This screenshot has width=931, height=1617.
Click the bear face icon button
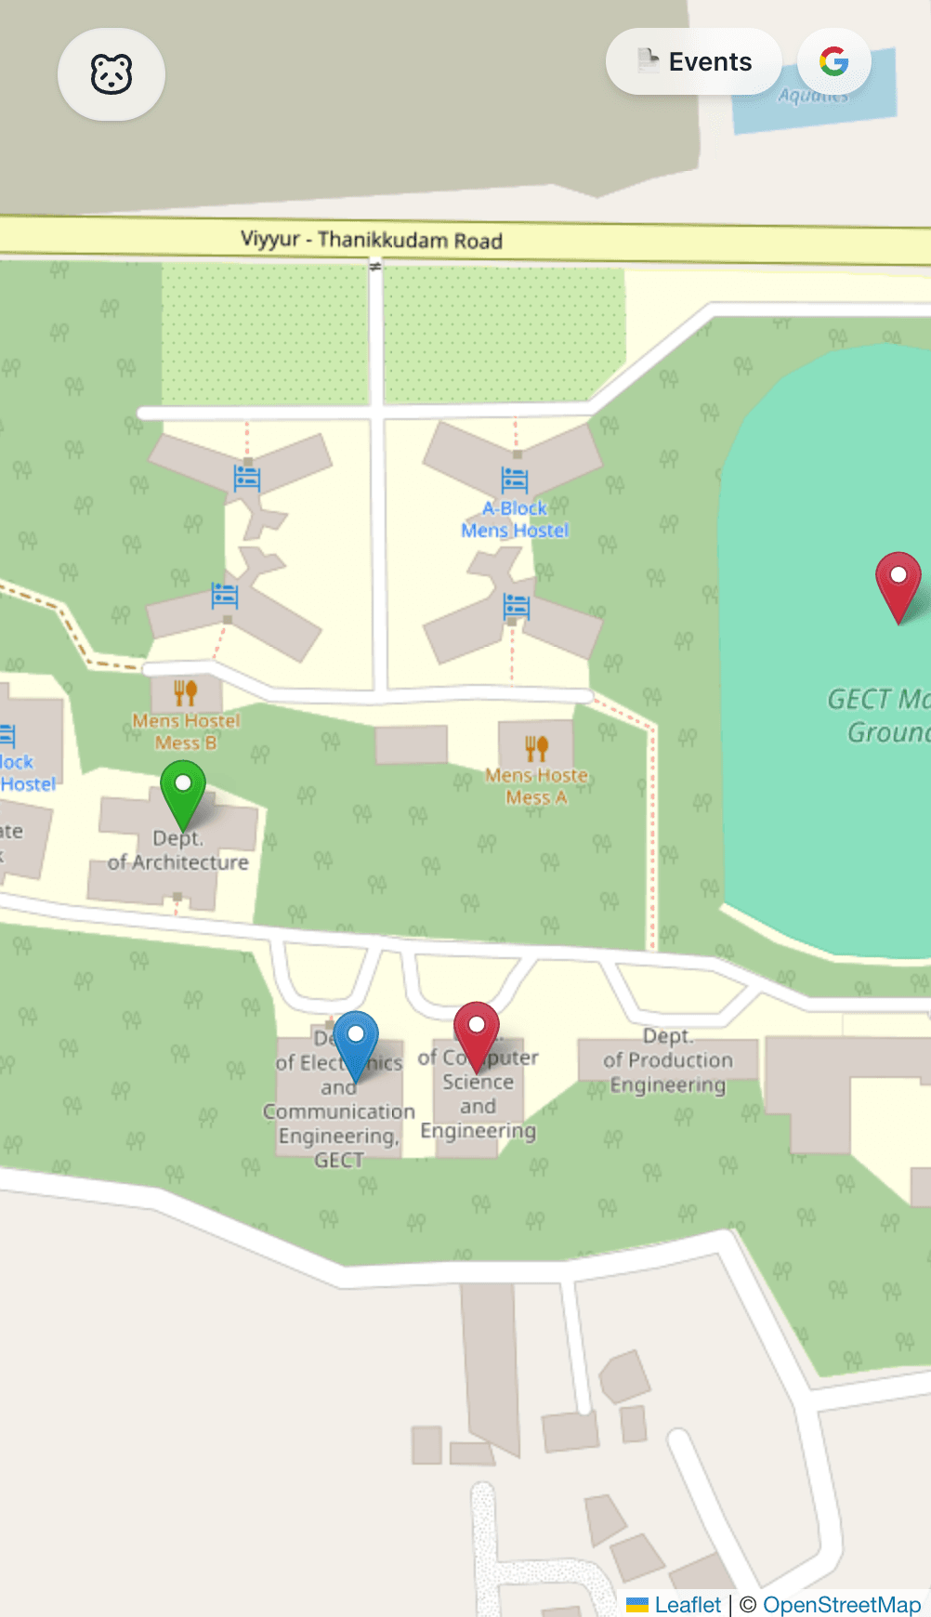point(111,74)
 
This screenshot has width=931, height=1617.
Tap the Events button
point(694,61)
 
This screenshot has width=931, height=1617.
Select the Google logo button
point(833,61)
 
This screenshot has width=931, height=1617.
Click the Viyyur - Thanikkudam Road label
point(371,240)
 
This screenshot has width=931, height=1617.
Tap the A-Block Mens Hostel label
point(515,519)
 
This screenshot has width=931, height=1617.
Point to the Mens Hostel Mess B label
point(186,731)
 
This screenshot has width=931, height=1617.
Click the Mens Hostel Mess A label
point(536,786)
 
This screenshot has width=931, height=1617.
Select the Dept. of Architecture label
point(178,850)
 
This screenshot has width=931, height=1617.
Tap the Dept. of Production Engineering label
point(667,1060)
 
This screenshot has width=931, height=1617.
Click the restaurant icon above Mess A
point(536,747)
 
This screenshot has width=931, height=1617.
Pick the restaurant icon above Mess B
point(186,692)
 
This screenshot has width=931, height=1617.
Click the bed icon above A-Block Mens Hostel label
point(515,480)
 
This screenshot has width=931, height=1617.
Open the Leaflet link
point(687,1605)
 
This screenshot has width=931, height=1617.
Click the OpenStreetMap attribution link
point(841,1605)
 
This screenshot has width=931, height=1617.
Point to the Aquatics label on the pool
point(813,95)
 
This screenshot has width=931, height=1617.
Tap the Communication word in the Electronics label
point(339,1111)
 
